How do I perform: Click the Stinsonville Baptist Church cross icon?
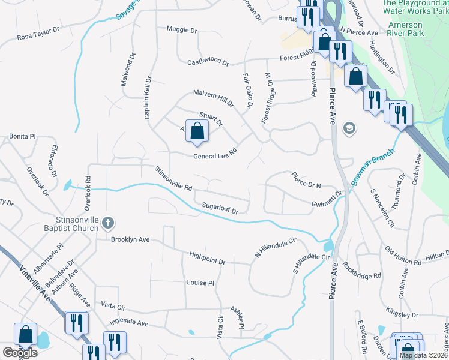108,223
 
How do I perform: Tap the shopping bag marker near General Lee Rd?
197,131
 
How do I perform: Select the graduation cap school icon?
349,128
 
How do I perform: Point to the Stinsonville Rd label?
173,179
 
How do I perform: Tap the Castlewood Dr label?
208,62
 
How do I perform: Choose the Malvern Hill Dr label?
212,98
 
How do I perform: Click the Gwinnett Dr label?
327,200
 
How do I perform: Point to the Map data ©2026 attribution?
424,355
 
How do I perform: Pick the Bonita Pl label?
23,136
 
